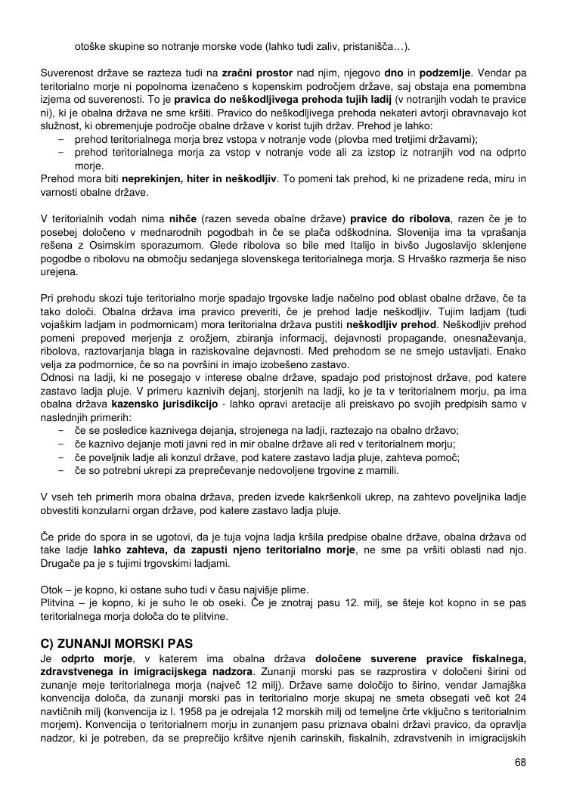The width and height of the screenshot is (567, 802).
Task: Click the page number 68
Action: point(520,761)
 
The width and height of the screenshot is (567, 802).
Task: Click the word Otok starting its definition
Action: point(51,590)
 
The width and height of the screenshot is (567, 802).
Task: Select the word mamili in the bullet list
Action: point(381,470)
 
